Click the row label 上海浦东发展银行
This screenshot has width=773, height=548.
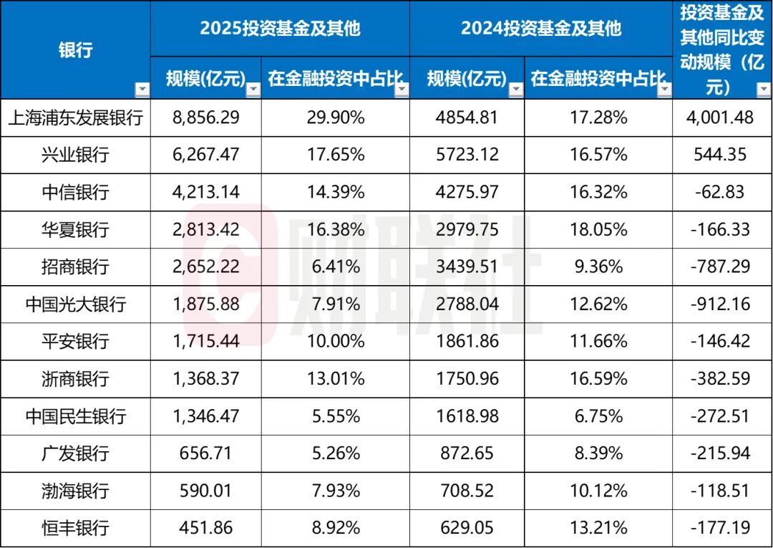pyautogui.click(x=76, y=117)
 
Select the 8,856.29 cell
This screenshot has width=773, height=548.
pyautogui.click(x=207, y=117)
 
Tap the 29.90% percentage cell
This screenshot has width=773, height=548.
pyautogui.click(x=335, y=117)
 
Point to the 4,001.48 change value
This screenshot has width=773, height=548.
pyautogui.click(x=721, y=117)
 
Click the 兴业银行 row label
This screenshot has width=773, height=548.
pyautogui.click(x=76, y=155)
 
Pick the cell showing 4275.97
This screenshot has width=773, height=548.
pyautogui.click(x=467, y=192)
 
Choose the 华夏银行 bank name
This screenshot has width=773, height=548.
pyautogui.click(x=76, y=229)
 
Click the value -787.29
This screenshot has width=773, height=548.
pyautogui.click(x=721, y=267)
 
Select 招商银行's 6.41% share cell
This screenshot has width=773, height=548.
pyautogui.click(x=335, y=267)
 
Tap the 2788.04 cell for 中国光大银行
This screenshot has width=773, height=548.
pyautogui.click(x=467, y=304)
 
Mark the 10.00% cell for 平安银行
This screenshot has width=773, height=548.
pyautogui.click(x=335, y=341)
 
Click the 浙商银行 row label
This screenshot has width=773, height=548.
pyautogui.click(x=76, y=379)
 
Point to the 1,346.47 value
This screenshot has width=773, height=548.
pyautogui.click(x=207, y=416)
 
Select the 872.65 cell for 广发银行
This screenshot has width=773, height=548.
pyautogui.click(x=467, y=453)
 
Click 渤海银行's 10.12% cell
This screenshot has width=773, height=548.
pyautogui.click(x=598, y=491)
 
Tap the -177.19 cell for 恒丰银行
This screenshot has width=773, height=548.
pyautogui.click(x=721, y=528)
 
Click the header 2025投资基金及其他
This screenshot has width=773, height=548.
pyautogui.click(x=280, y=28)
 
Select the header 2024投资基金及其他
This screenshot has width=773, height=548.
pyautogui.click(x=541, y=28)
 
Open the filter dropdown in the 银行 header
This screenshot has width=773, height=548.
pyautogui.click(x=142, y=90)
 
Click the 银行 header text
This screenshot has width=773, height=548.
pyautogui.click(x=76, y=50)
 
